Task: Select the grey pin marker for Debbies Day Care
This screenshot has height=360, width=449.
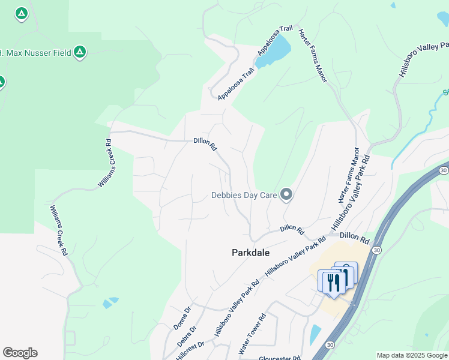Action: tap(286, 194)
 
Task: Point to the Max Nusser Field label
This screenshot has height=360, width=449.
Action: tap(35, 53)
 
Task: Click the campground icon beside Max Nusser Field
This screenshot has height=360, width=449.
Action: tap(79, 53)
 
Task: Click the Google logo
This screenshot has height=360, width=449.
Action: tap(20, 353)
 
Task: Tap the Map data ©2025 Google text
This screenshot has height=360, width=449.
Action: tap(411, 355)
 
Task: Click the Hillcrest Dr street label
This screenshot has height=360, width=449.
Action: tap(190, 350)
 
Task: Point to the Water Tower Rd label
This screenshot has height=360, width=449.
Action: tap(252, 334)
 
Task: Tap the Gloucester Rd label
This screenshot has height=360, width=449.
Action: tap(280, 358)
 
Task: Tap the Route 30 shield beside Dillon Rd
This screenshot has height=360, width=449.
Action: tap(376, 250)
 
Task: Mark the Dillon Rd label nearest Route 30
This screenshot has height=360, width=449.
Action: tap(352, 238)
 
